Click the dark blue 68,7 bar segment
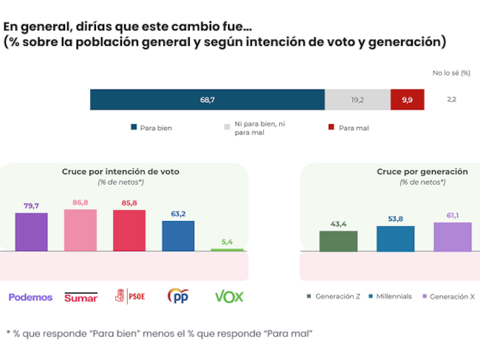207,99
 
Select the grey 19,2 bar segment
357,99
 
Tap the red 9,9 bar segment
407,99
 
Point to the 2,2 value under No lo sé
452,99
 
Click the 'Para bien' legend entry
151,128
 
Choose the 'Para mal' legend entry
349,128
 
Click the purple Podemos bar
32,232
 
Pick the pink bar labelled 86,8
80,230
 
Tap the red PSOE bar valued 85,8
128,231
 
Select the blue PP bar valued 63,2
178,236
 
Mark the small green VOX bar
227,250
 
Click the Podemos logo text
30,297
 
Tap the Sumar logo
81,297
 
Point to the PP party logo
178,296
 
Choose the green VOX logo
229,296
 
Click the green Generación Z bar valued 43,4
338,241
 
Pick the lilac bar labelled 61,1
452,237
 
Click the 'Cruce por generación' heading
422,171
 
